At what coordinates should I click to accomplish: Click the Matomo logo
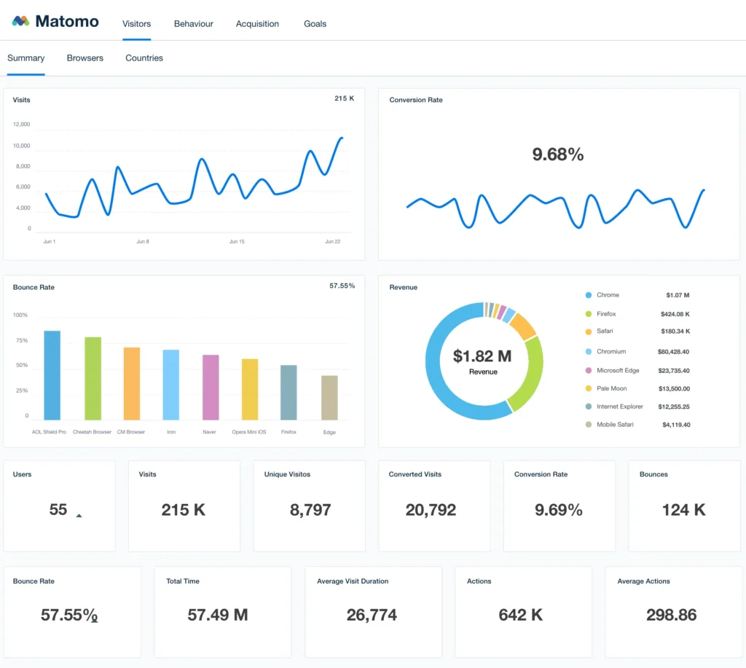(55, 21)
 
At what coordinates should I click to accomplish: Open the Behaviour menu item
(193, 24)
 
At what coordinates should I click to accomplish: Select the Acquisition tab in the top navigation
(257, 24)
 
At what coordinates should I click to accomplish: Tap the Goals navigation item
(315, 24)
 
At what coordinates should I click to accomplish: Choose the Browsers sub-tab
(85, 58)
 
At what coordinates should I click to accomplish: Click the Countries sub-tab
(144, 58)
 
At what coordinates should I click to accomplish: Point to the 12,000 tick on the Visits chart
(21, 125)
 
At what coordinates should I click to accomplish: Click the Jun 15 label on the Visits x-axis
(237, 241)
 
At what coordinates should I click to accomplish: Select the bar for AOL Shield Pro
(52, 375)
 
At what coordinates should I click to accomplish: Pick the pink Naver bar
(211, 387)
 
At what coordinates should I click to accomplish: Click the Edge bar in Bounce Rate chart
(329, 397)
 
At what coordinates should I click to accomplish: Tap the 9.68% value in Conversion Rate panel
(557, 154)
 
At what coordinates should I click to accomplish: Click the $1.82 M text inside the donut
(482, 356)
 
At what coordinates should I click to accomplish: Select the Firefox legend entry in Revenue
(606, 314)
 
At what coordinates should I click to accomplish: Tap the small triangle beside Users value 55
(79, 515)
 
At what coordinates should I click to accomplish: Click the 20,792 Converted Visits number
(431, 510)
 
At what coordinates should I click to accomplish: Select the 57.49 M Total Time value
(218, 615)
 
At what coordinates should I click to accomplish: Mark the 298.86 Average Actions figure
(671, 615)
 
